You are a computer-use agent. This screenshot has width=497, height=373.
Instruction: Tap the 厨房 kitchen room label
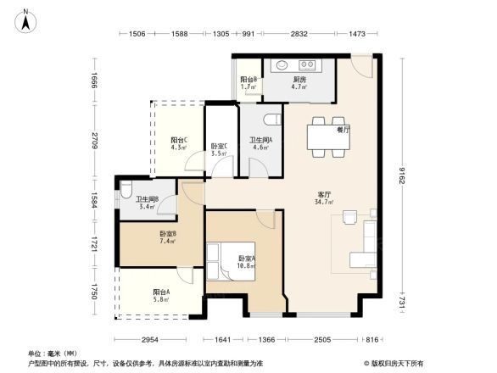coord(299,81)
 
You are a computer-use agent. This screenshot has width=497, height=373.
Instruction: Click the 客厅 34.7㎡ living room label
coord(323,198)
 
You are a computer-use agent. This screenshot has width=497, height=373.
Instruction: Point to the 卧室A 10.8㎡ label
coord(247,261)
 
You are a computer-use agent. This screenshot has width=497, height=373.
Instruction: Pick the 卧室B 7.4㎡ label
coord(167,237)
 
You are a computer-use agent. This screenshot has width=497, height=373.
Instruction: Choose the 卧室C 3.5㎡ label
coord(218,149)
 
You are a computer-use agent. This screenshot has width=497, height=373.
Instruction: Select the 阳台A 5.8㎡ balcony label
coord(161,296)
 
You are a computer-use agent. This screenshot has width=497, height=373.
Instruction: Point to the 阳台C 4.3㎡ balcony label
coord(178,144)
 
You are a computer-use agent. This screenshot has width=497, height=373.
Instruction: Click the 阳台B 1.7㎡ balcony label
coord(248,83)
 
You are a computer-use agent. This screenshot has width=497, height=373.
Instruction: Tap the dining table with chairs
coord(327,136)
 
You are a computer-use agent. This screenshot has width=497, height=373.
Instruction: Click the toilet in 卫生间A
coord(271,118)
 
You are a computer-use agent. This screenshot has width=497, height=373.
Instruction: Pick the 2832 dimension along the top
coord(299,34)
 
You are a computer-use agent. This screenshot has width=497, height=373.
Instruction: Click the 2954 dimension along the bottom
coord(150,340)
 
